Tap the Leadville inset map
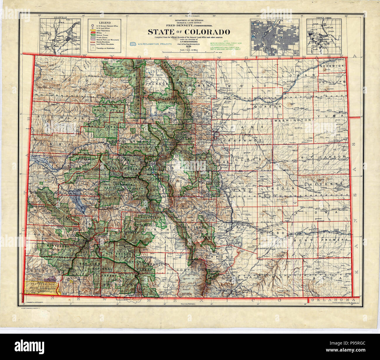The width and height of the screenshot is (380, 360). pyautogui.click(x=60, y=36)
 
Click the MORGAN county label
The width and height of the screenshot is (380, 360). pyautogui.click(x=265, y=107)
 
